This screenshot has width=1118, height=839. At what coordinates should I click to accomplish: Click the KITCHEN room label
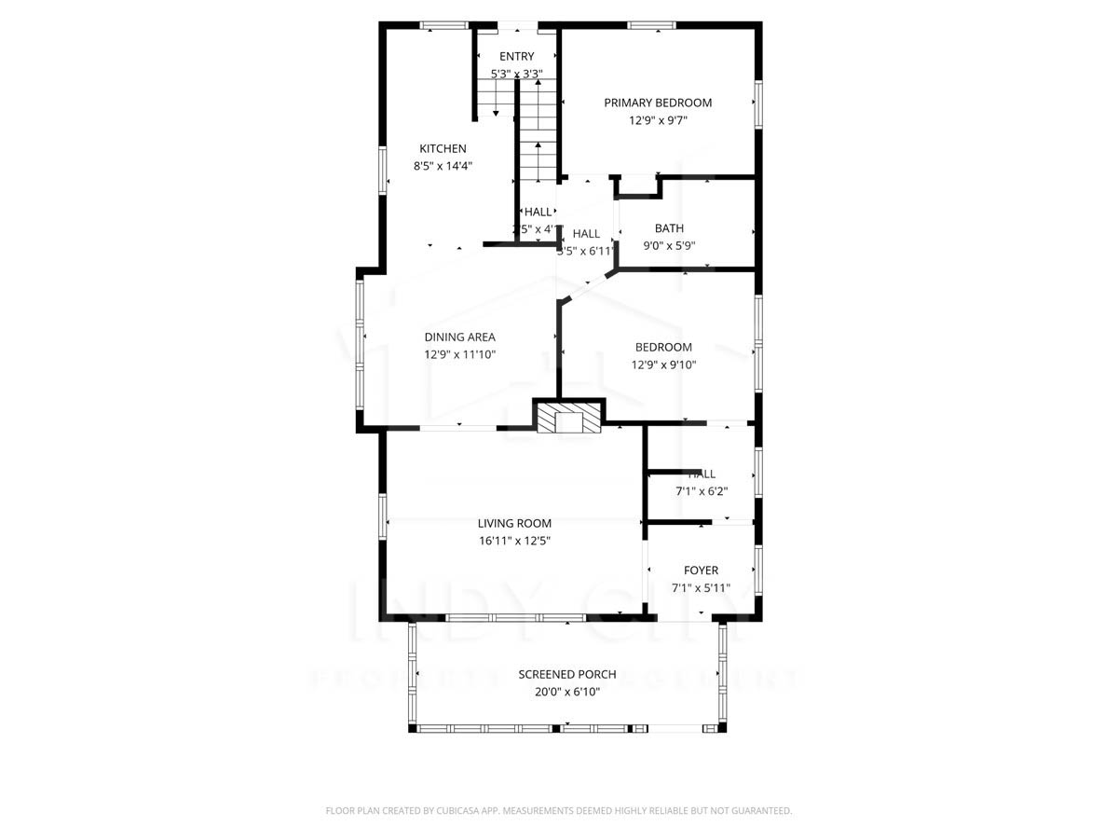pos(443,148)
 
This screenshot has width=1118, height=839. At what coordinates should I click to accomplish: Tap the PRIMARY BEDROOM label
pos(658,103)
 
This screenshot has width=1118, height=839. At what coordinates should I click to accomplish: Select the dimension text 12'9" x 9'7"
pos(658,120)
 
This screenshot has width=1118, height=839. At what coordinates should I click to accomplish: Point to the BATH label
pos(669,228)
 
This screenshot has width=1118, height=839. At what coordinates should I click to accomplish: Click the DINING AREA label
pos(459,337)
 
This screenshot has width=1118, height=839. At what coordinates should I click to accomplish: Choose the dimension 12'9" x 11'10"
pos(459,354)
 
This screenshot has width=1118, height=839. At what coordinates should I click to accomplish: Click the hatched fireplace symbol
pos(568,420)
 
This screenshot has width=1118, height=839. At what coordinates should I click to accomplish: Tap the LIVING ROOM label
pos(514,524)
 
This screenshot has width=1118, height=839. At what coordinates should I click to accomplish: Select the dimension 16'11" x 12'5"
pos(514,541)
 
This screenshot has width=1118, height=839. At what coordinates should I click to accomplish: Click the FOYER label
pos(701,571)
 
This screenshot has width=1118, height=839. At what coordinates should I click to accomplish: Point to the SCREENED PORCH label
pos(566,675)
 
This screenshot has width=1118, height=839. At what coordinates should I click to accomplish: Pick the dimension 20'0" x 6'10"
pos(566,692)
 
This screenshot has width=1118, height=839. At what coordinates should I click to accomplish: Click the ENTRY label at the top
pos(516,57)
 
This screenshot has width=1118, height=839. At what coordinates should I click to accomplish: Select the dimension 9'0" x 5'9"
pos(669,246)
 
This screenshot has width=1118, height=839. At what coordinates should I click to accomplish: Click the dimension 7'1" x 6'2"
pos(701,491)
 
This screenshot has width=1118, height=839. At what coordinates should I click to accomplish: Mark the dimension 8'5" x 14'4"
pos(443,166)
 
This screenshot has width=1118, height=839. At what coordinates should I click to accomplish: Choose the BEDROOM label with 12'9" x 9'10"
pos(663,348)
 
